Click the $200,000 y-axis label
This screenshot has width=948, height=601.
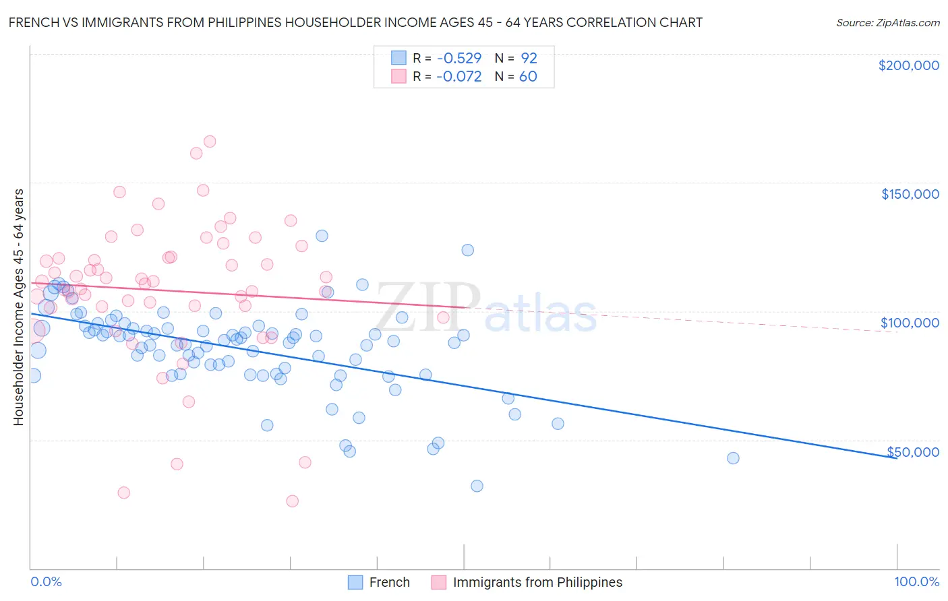click(908, 65)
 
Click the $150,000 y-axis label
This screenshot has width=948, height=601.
click(910, 194)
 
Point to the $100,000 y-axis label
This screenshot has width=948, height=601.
click(910, 323)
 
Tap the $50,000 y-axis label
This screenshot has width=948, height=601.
click(912, 451)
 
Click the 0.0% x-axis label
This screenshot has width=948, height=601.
click(46, 582)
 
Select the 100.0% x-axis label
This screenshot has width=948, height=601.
click(916, 582)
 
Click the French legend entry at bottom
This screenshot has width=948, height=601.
click(389, 582)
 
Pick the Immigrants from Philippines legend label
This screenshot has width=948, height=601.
click(537, 582)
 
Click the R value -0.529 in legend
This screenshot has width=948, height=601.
click(458, 58)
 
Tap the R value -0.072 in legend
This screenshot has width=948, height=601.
click(458, 77)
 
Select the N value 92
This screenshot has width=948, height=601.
click(529, 58)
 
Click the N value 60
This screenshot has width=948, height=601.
click(528, 77)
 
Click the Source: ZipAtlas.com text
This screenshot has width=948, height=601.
click(887, 22)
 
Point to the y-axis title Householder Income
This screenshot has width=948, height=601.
click(19, 307)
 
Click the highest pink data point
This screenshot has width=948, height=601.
click(210, 141)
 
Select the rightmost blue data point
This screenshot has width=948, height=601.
click(733, 458)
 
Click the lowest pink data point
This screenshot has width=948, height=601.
click(292, 501)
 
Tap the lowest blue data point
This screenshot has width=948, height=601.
click(477, 486)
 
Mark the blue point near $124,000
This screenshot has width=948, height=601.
click(467, 250)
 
